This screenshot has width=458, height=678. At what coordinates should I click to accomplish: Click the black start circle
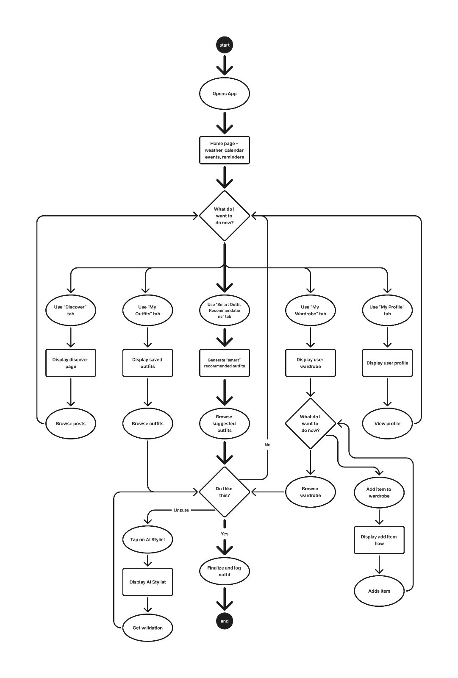point(224,45)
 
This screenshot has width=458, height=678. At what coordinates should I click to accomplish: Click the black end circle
point(224,621)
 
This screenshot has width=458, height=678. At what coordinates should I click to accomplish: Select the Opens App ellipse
point(224,94)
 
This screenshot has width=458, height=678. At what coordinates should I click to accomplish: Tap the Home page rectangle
point(224,150)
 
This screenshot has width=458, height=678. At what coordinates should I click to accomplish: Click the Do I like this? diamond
point(224,492)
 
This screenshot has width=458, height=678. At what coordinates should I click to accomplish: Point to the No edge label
point(267,445)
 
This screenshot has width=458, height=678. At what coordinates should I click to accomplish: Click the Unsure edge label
point(181,510)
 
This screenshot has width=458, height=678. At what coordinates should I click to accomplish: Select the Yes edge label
point(224,534)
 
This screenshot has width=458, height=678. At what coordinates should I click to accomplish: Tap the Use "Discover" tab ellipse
point(70,310)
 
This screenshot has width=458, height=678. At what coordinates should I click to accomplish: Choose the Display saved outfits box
point(147,363)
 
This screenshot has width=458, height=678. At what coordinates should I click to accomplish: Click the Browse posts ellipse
point(70,423)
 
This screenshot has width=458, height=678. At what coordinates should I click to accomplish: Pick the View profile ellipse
point(387,423)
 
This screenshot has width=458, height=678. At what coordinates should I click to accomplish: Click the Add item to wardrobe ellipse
point(379,492)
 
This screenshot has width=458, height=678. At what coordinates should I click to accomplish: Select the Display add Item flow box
point(379,540)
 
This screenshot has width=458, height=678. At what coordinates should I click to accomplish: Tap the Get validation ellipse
point(147,628)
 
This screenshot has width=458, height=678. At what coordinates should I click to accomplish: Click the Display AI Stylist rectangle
point(147,582)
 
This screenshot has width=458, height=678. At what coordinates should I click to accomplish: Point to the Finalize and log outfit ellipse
point(224,571)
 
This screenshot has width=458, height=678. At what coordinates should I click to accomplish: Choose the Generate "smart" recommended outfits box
point(224,363)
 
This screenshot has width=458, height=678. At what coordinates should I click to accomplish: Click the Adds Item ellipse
point(379,591)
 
